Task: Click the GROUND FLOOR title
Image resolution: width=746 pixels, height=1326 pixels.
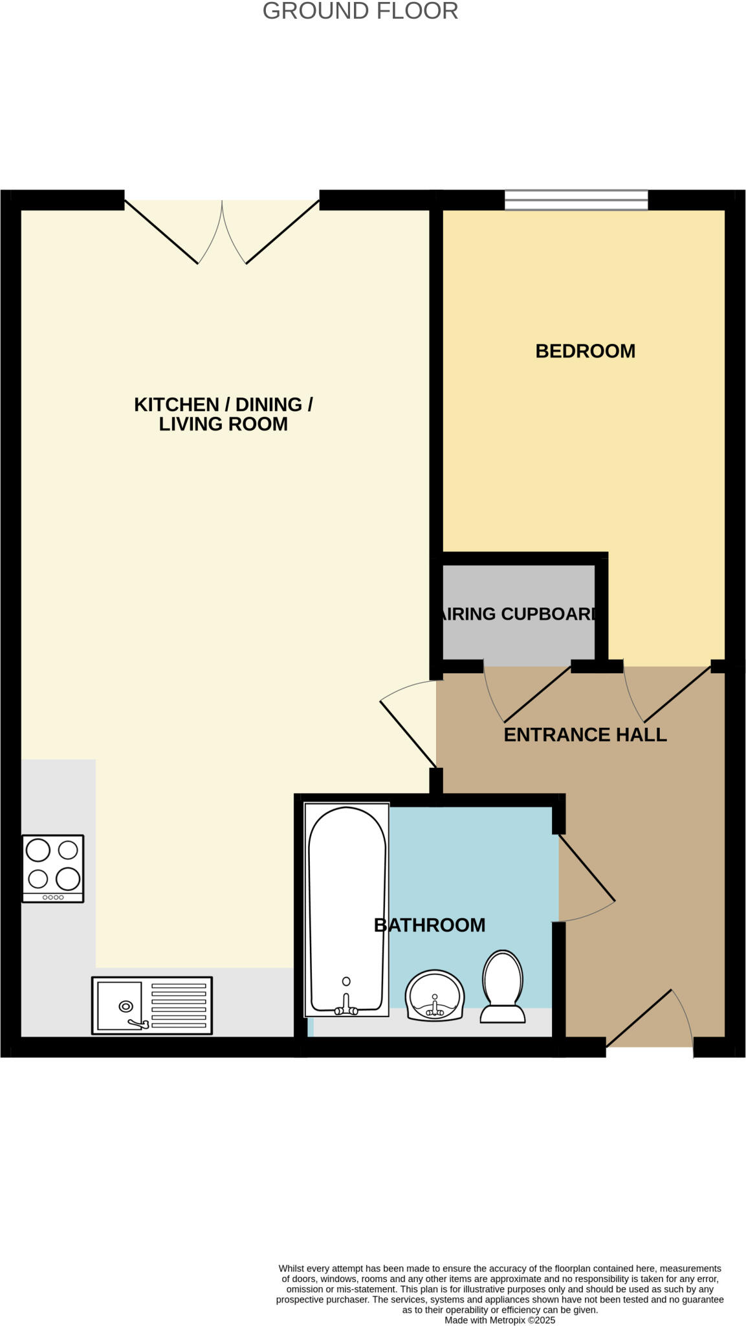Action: tap(360, 11)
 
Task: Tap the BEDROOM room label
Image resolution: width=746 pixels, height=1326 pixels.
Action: tap(585, 351)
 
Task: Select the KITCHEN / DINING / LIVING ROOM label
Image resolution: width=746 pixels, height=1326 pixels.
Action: tap(223, 414)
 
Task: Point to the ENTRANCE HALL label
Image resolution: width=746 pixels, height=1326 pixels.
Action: tap(585, 735)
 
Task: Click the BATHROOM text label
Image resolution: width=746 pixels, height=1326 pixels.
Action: tap(430, 925)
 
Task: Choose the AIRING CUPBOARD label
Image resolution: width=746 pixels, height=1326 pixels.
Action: tap(518, 614)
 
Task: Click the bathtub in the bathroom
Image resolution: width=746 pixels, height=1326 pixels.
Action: tap(347, 906)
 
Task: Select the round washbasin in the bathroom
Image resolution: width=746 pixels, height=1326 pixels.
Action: tap(435, 995)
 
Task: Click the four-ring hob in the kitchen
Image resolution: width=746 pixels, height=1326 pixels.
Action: tap(53, 868)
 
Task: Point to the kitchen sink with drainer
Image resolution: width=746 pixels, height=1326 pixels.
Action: tap(152, 1005)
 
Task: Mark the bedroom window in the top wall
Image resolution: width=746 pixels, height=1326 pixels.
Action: tap(576, 199)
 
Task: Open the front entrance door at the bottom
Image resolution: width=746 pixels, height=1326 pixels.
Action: tap(649, 1020)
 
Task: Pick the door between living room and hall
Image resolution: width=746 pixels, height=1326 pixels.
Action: tap(408, 725)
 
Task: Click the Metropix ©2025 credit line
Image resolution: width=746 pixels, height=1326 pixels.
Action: tap(499, 1320)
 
